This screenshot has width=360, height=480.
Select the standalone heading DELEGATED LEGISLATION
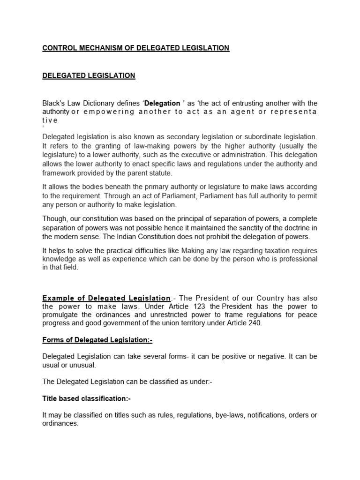click(x=89, y=75)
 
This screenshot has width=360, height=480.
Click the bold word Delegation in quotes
click(x=163, y=103)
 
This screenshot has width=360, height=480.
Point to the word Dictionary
click(x=104, y=103)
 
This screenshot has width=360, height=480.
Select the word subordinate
click(x=255, y=136)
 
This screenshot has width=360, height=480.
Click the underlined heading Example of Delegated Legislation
click(x=106, y=298)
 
